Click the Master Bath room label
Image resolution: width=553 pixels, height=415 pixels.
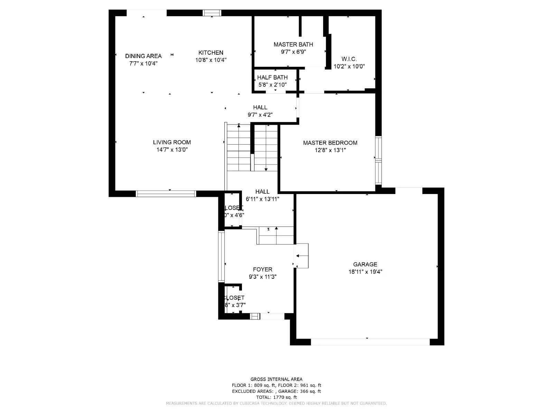293,44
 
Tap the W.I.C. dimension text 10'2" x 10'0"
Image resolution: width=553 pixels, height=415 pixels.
349,66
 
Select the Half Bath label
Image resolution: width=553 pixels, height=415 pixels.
272,77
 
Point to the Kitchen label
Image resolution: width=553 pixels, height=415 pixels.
210,53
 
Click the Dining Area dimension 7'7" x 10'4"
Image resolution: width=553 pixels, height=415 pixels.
143,63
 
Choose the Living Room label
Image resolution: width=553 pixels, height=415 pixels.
172,142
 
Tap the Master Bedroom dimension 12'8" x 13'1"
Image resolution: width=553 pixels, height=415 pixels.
330,150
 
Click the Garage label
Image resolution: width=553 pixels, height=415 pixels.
365,264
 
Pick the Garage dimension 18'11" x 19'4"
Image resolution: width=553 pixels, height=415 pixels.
365,272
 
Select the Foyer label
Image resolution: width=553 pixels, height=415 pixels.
262,269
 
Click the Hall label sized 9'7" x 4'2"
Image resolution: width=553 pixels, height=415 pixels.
260,107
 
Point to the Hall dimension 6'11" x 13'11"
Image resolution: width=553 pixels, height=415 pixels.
262,199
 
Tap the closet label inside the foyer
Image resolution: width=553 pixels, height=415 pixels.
234,298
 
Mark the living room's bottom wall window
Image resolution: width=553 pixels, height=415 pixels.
166,194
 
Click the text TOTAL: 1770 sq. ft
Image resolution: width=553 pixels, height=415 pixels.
276,397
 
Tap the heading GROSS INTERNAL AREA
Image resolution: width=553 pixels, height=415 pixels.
276,379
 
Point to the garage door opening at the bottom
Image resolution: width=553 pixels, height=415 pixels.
370,342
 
